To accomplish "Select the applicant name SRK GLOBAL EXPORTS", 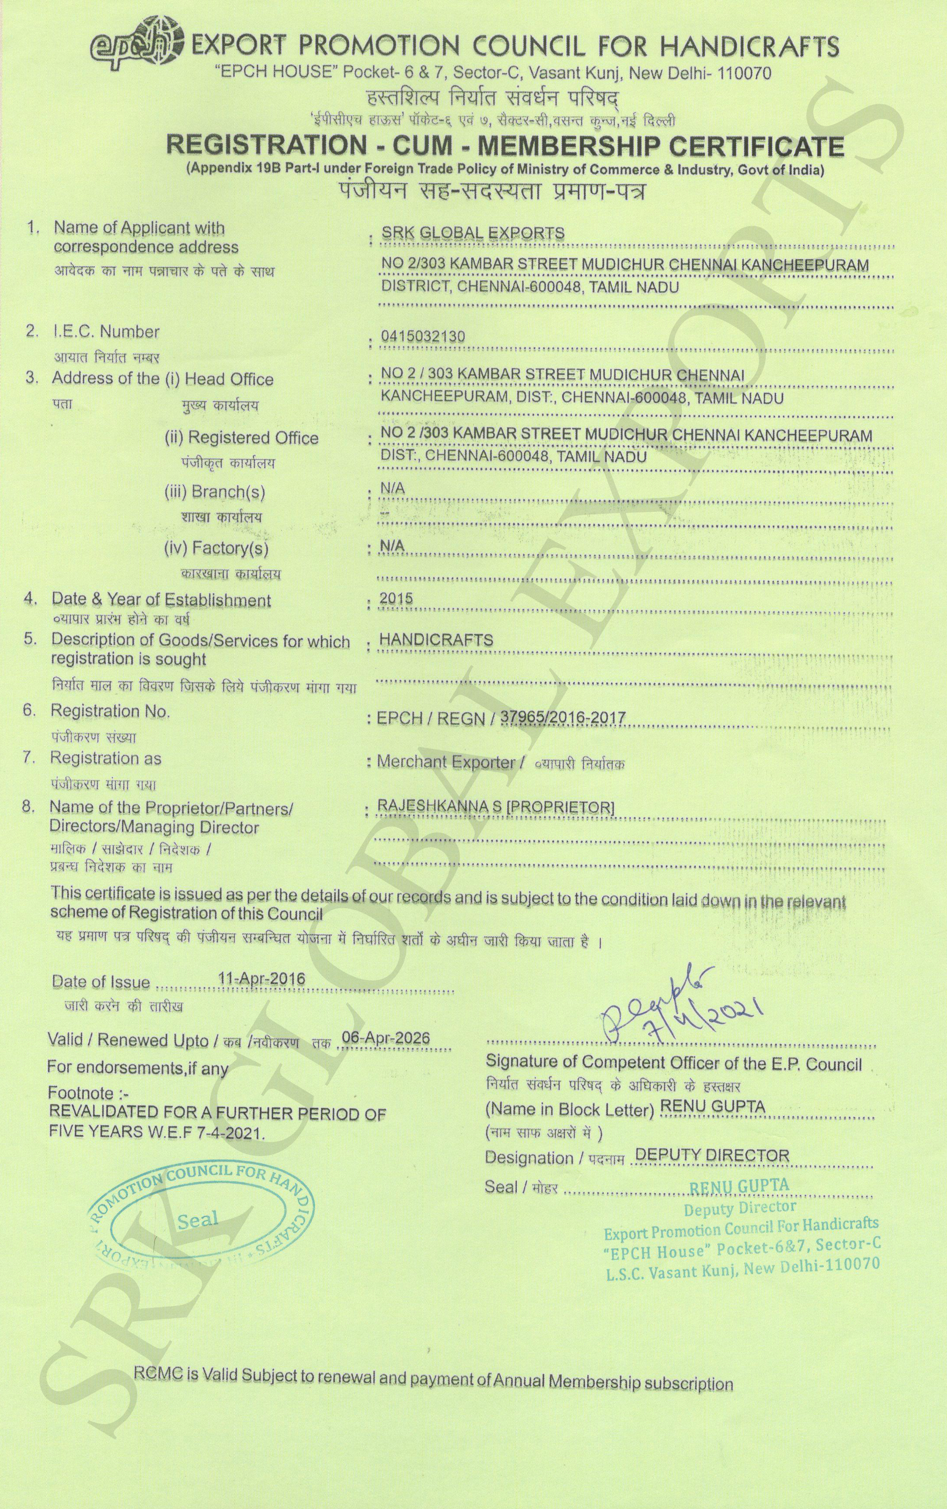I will pyautogui.click(x=473, y=234).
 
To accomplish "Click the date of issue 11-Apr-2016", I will pyautogui.click(x=261, y=979).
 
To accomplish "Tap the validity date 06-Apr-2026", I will pyautogui.click(x=387, y=1037).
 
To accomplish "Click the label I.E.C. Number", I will pyautogui.click(x=105, y=332).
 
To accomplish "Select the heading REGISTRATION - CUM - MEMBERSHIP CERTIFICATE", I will pyautogui.click(x=505, y=146).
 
